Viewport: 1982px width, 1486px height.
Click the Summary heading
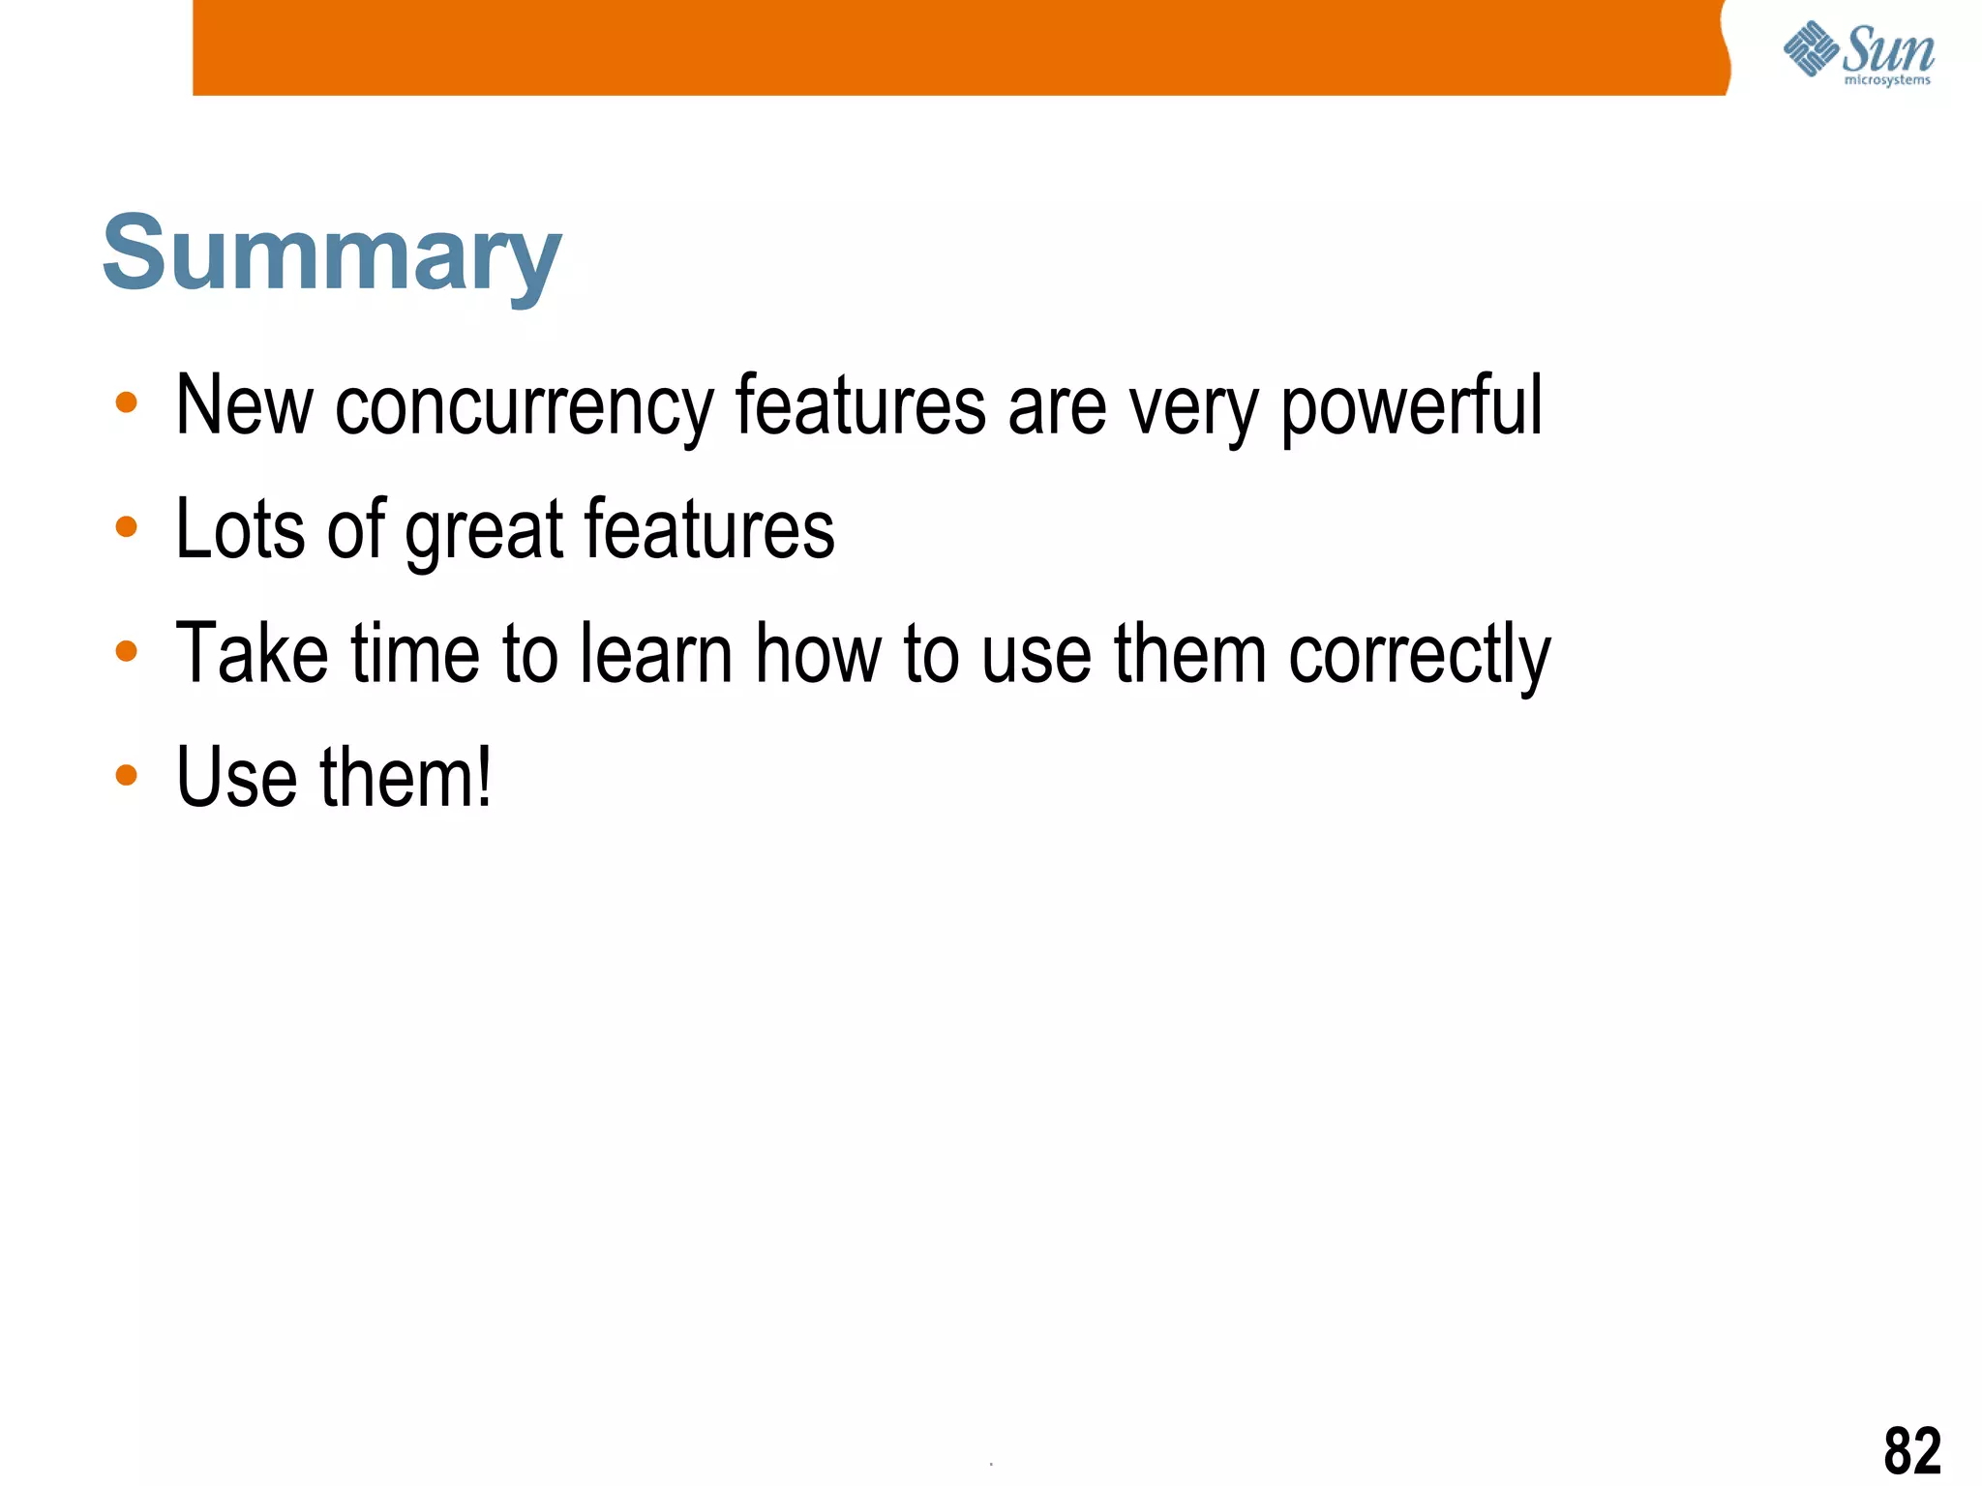click(331, 253)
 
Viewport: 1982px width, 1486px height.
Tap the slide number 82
click(1911, 1450)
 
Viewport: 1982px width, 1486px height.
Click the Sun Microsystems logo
click(1858, 53)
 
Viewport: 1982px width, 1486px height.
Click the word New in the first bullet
click(244, 405)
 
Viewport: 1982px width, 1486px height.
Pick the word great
click(484, 531)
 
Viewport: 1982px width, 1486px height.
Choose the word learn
click(656, 654)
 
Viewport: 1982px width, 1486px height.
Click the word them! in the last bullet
click(405, 778)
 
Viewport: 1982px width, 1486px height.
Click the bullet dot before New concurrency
click(126, 402)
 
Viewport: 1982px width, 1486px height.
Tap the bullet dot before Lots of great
click(126, 527)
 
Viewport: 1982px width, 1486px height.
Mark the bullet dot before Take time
click(126, 651)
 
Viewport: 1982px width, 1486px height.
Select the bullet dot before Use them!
click(126, 775)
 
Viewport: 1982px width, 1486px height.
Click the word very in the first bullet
click(1193, 407)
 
